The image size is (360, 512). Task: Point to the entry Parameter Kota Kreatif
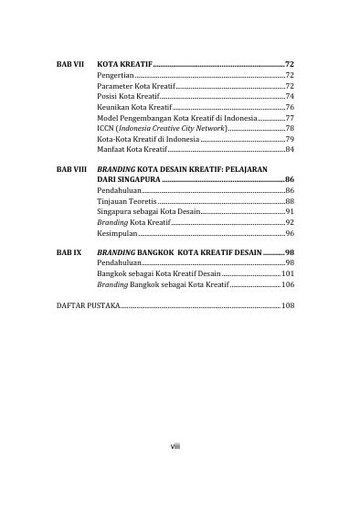(129, 84)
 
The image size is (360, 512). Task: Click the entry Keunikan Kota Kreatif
(128, 107)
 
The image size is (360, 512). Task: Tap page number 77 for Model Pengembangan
(289, 118)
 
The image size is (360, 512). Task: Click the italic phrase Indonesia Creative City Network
(167, 129)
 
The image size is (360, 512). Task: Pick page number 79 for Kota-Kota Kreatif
(289, 139)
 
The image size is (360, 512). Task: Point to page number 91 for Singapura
(289, 211)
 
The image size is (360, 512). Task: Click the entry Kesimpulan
(116, 234)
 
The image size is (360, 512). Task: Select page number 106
(287, 284)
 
